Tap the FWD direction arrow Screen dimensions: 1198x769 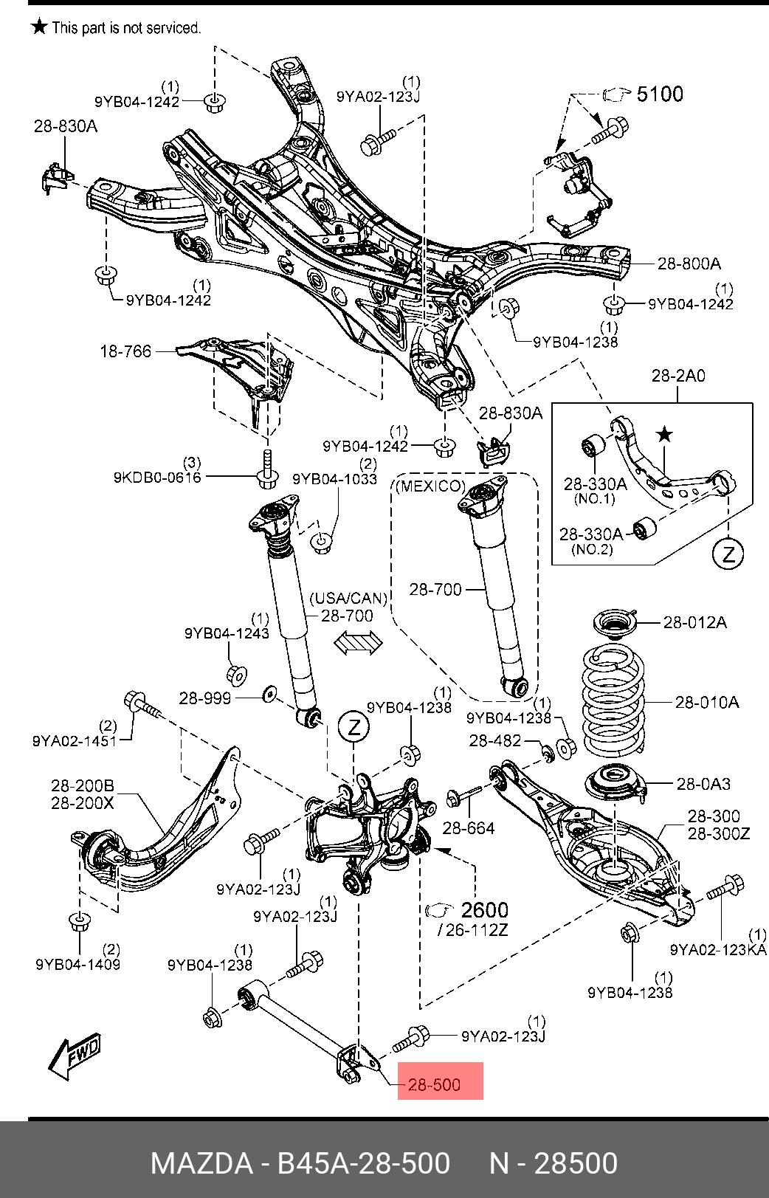74,1056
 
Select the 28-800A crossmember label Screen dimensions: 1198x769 689,263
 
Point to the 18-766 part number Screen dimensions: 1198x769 125,351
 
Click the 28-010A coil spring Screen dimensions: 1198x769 613,700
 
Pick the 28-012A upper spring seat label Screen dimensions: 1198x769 694,622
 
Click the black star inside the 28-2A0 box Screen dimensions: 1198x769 665,435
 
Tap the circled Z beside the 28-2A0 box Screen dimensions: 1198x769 728,553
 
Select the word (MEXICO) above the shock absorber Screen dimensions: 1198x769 431,486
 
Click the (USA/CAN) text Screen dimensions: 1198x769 348,597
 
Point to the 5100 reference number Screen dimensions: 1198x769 659,94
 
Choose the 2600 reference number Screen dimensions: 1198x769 484,909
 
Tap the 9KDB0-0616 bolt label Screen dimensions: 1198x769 157,478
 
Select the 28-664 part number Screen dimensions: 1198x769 469,828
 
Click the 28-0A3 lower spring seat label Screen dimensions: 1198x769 703,784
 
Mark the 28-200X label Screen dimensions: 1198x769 83,802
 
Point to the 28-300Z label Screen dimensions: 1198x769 719,833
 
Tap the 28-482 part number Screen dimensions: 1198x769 494,740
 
